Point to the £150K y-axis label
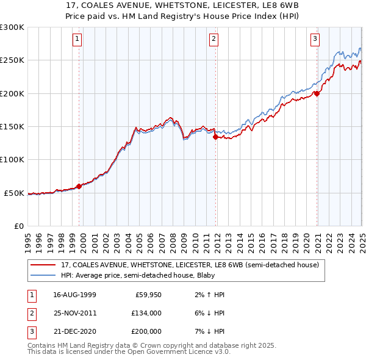point(12,127)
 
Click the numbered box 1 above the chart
point(78,39)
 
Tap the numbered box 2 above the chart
point(214,39)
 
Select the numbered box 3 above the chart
point(315,39)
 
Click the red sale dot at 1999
point(79,186)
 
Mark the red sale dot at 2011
point(215,137)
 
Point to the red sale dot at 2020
point(317,93)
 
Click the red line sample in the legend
point(43,265)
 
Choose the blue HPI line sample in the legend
point(43,275)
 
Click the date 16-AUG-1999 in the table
point(74,295)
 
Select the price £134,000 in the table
point(146,313)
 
